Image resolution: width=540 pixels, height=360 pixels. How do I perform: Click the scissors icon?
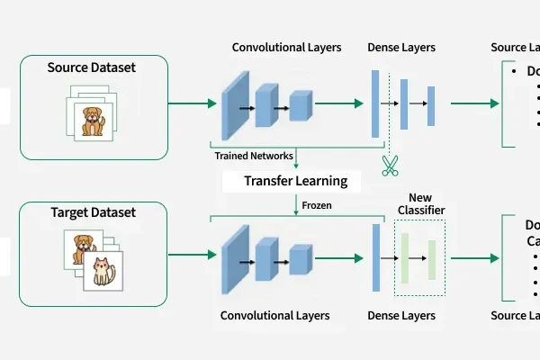[x=389, y=166]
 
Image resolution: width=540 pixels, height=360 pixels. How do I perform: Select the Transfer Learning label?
[x=296, y=182]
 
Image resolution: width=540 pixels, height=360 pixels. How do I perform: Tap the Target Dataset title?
[x=94, y=213]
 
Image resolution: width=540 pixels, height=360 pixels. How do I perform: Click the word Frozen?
[x=317, y=205]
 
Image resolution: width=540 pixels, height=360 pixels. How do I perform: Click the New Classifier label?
[x=420, y=203]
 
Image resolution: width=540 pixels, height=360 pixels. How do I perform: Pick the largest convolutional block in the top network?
[x=235, y=104]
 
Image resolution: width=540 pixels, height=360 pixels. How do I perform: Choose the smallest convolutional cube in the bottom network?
[x=300, y=258]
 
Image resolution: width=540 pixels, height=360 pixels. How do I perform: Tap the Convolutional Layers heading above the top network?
[x=286, y=48]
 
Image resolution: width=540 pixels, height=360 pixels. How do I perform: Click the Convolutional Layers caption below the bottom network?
[x=274, y=316]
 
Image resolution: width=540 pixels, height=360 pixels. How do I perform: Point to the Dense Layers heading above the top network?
[x=401, y=48]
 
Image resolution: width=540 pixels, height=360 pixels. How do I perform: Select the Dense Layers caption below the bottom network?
[x=401, y=316]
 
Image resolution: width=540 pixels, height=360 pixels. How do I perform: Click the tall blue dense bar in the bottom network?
[x=375, y=257]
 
